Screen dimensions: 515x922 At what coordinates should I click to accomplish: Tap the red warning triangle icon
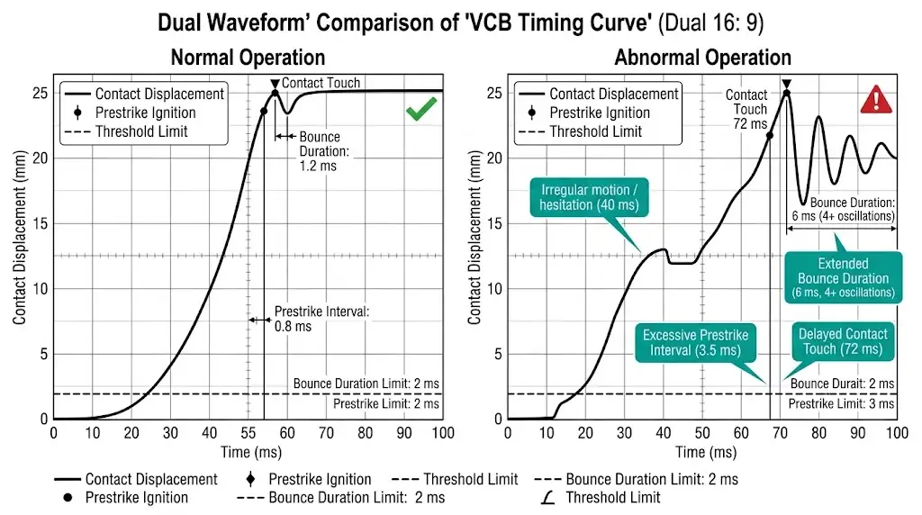(874, 100)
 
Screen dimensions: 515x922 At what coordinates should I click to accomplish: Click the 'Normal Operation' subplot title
(248, 58)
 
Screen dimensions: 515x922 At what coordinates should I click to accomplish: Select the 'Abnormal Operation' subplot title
(702, 58)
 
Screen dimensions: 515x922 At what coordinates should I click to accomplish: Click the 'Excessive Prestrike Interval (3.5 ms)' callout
(695, 342)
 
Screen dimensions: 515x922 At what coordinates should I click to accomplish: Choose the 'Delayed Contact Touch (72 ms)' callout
(842, 341)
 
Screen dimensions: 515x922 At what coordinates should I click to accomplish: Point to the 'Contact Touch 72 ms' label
(746, 109)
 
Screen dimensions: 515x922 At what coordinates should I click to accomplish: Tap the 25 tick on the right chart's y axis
(492, 93)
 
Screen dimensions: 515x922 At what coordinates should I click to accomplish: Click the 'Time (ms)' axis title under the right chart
(702, 451)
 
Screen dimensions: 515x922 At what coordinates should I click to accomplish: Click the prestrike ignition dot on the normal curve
(264, 112)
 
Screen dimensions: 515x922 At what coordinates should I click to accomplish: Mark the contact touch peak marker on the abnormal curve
(787, 93)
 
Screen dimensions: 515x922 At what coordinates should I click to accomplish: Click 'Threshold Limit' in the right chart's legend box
(595, 131)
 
